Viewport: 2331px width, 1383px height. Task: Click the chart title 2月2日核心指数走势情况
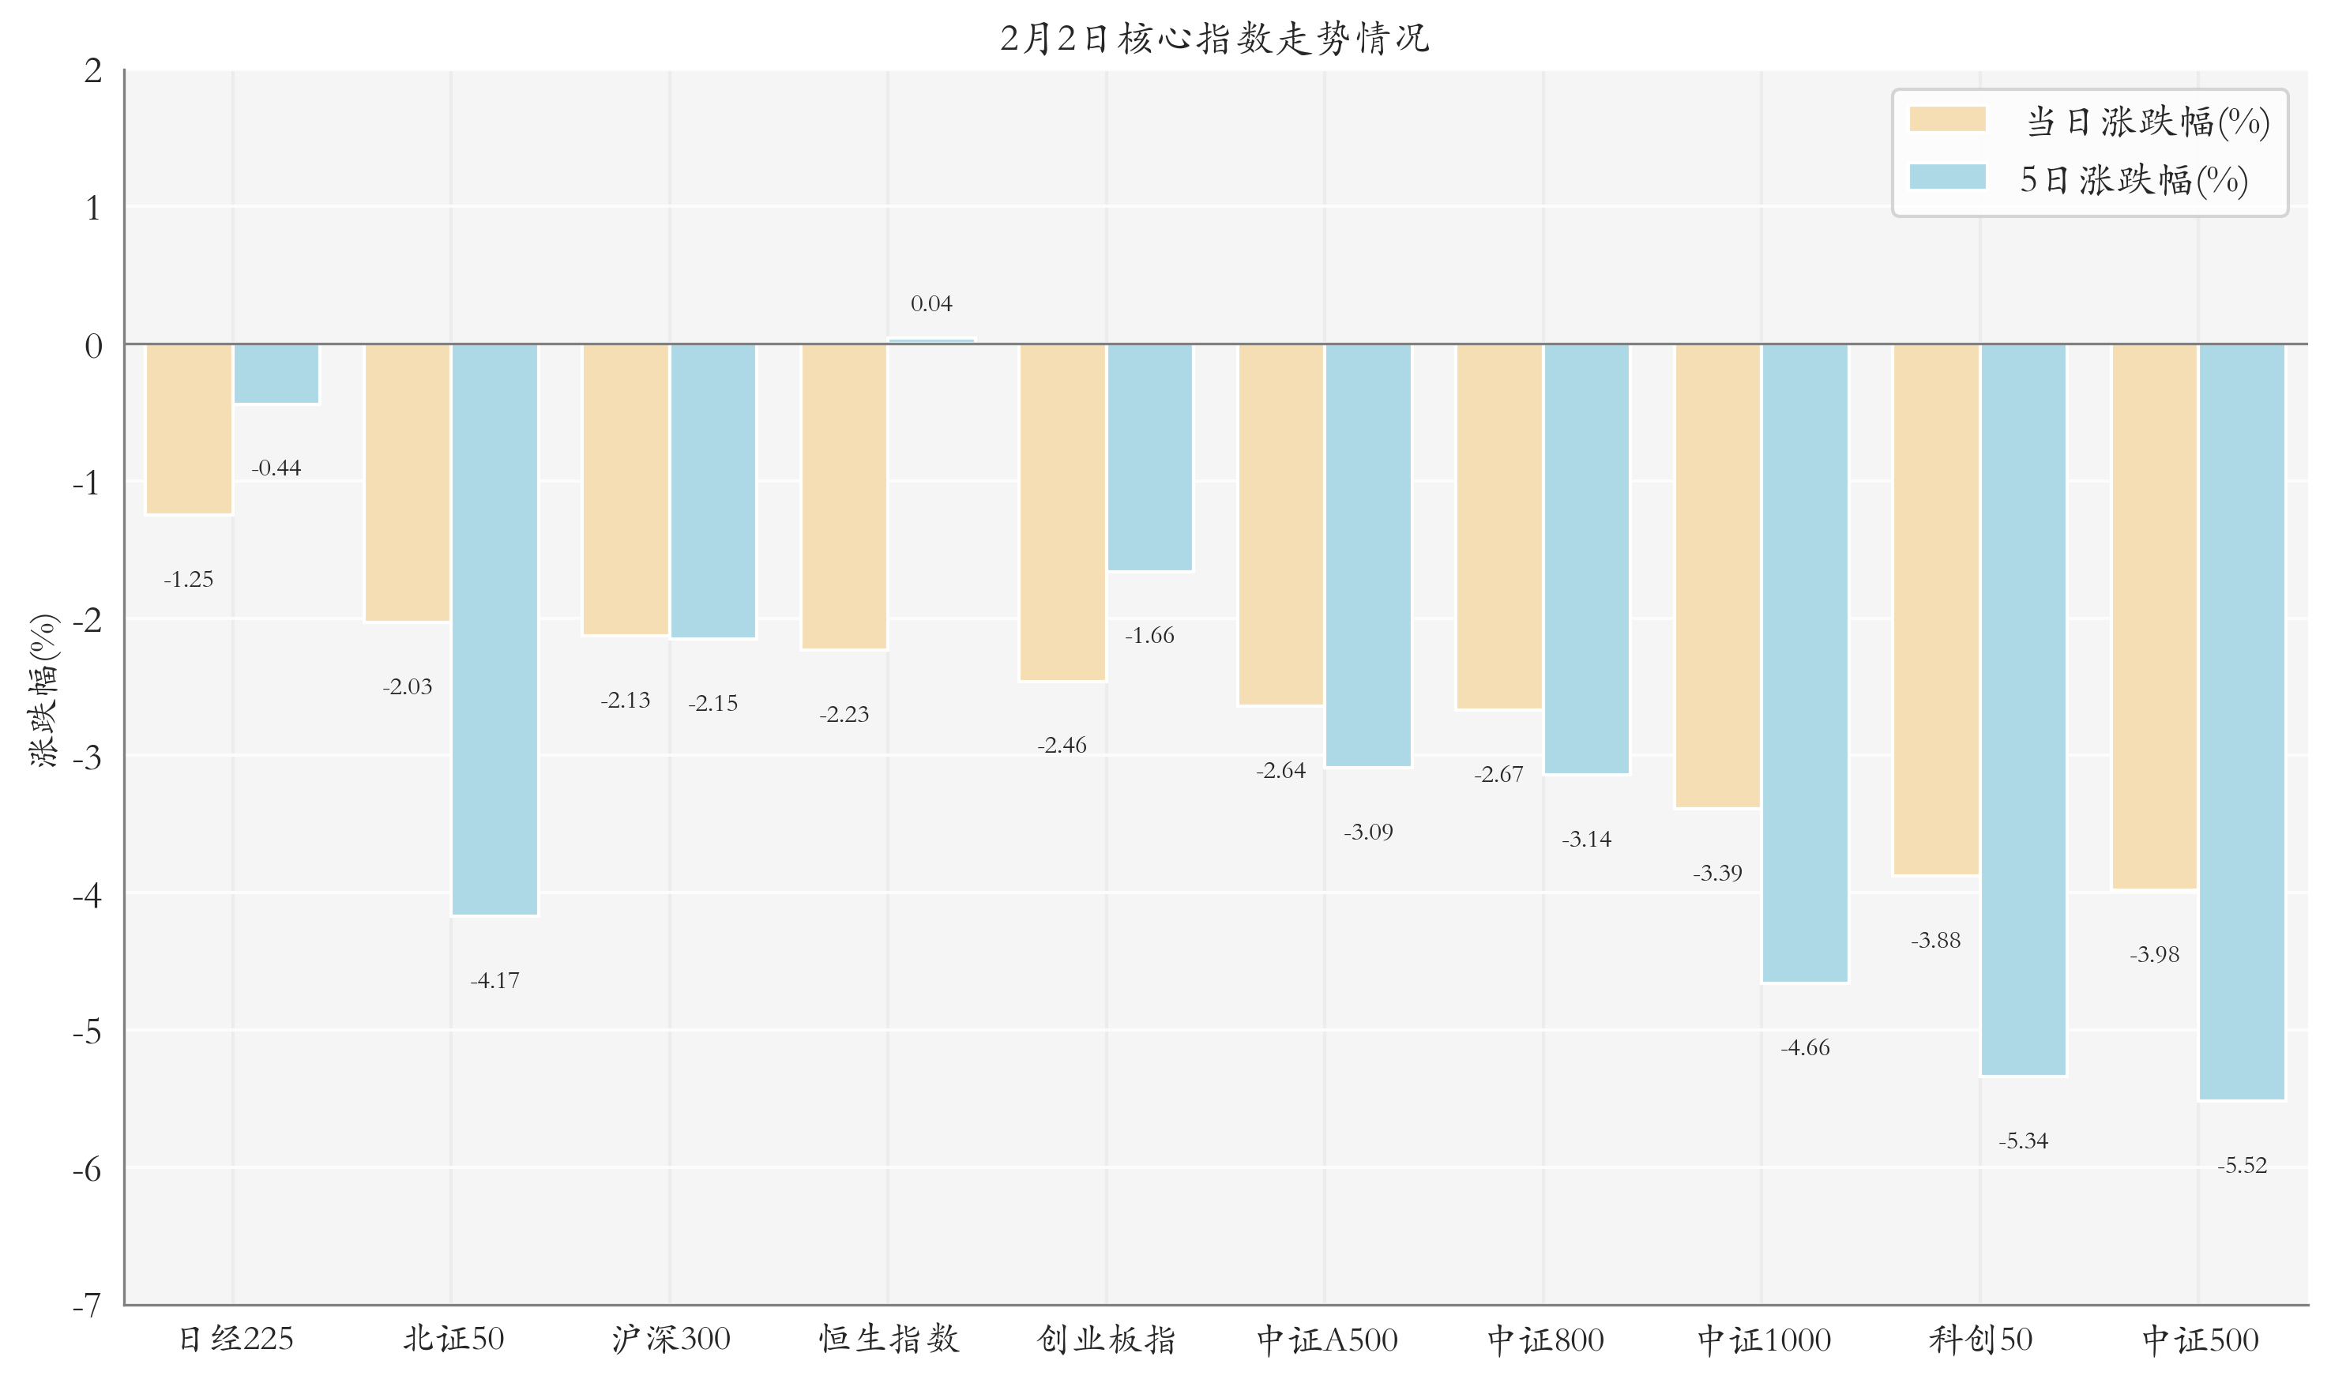[x=1214, y=38]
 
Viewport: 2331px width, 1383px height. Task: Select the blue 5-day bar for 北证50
[x=495, y=629]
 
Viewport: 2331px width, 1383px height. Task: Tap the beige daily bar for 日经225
[x=190, y=429]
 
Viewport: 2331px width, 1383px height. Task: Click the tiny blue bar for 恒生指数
[x=931, y=341]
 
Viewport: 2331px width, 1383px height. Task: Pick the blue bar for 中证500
[x=2242, y=722]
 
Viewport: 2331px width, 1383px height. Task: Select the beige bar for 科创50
[x=1936, y=610]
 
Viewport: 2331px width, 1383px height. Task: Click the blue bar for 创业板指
[x=1149, y=457]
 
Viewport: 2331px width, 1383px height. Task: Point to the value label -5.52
[x=2242, y=1165]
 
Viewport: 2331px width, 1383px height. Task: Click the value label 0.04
[x=931, y=304]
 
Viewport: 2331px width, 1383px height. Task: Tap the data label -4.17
[x=495, y=980]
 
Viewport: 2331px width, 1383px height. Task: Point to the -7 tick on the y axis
[x=87, y=1306]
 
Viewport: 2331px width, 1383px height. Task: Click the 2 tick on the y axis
[x=93, y=71]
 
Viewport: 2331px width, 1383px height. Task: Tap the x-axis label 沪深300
[x=671, y=1340]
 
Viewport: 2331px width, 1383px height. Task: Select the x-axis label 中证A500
[x=1327, y=1340]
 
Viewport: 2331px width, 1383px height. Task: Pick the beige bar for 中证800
[x=1498, y=527]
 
